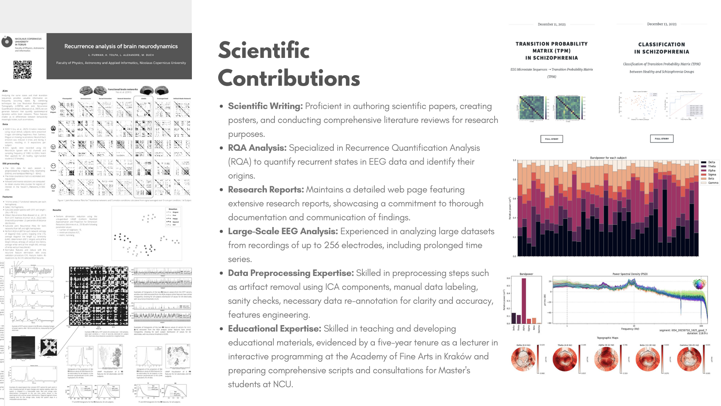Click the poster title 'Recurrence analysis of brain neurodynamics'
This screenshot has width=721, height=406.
pyautogui.click(x=121, y=46)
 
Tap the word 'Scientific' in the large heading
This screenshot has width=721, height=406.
pyautogui.click(x=264, y=50)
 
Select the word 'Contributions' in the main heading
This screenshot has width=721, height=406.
pyautogui.click(x=289, y=78)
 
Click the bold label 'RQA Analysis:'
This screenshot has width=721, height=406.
pyautogui.click(x=257, y=148)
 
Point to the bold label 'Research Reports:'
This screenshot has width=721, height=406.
pyautogui.click(x=266, y=189)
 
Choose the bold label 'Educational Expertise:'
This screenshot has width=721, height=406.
pyautogui.click(x=275, y=329)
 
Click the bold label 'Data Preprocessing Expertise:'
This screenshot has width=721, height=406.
pyautogui.click(x=291, y=273)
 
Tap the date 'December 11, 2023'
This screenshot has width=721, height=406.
pyautogui.click(x=551, y=24)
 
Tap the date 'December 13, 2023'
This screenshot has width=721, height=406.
pyautogui.click(x=661, y=24)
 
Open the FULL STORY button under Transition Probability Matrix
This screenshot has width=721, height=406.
pyautogui.click(x=551, y=139)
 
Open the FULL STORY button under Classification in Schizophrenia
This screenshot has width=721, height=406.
pyautogui.click(x=661, y=139)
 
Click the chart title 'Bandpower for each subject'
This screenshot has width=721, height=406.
pyautogui.click(x=608, y=158)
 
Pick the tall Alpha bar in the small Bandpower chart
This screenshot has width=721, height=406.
pyautogui.click(x=524, y=301)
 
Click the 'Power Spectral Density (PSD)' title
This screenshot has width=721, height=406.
pyautogui.click(x=630, y=274)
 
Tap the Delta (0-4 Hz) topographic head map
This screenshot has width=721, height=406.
pyautogui.click(x=523, y=359)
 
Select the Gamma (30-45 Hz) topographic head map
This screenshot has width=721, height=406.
pyautogui.click(x=689, y=359)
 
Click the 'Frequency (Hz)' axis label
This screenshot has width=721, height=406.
pyautogui.click(x=630, y=329)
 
